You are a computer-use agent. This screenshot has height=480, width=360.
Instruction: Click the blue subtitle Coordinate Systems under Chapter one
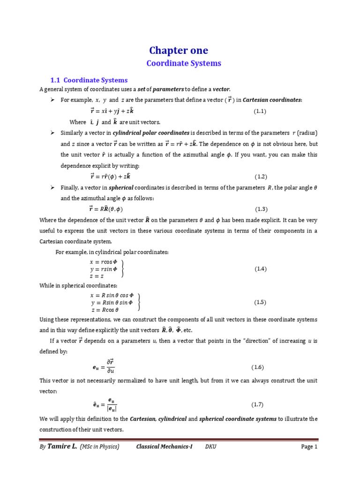click(x=184, y=63)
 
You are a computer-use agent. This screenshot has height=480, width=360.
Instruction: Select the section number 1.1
click(x=56, y=80)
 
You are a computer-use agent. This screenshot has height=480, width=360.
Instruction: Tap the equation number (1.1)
click(x=260, y=111)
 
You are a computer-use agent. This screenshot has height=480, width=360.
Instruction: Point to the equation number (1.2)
click(x=261, y=176)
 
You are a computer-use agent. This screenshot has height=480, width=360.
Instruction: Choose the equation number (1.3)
click(x=261, y=209)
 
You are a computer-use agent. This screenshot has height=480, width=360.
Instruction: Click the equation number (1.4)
click(x=261, y=269)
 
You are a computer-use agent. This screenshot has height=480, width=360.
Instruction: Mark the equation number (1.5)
click(x=261, y=302)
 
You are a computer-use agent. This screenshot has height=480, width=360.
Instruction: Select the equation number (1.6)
click(x=261, y=366)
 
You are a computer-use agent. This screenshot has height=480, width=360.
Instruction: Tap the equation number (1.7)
click(x=261, y=404)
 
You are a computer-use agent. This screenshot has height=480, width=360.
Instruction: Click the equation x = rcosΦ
click(x=103, y=262)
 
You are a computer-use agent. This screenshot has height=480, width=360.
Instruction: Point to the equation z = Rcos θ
click(x=105, y=309)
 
